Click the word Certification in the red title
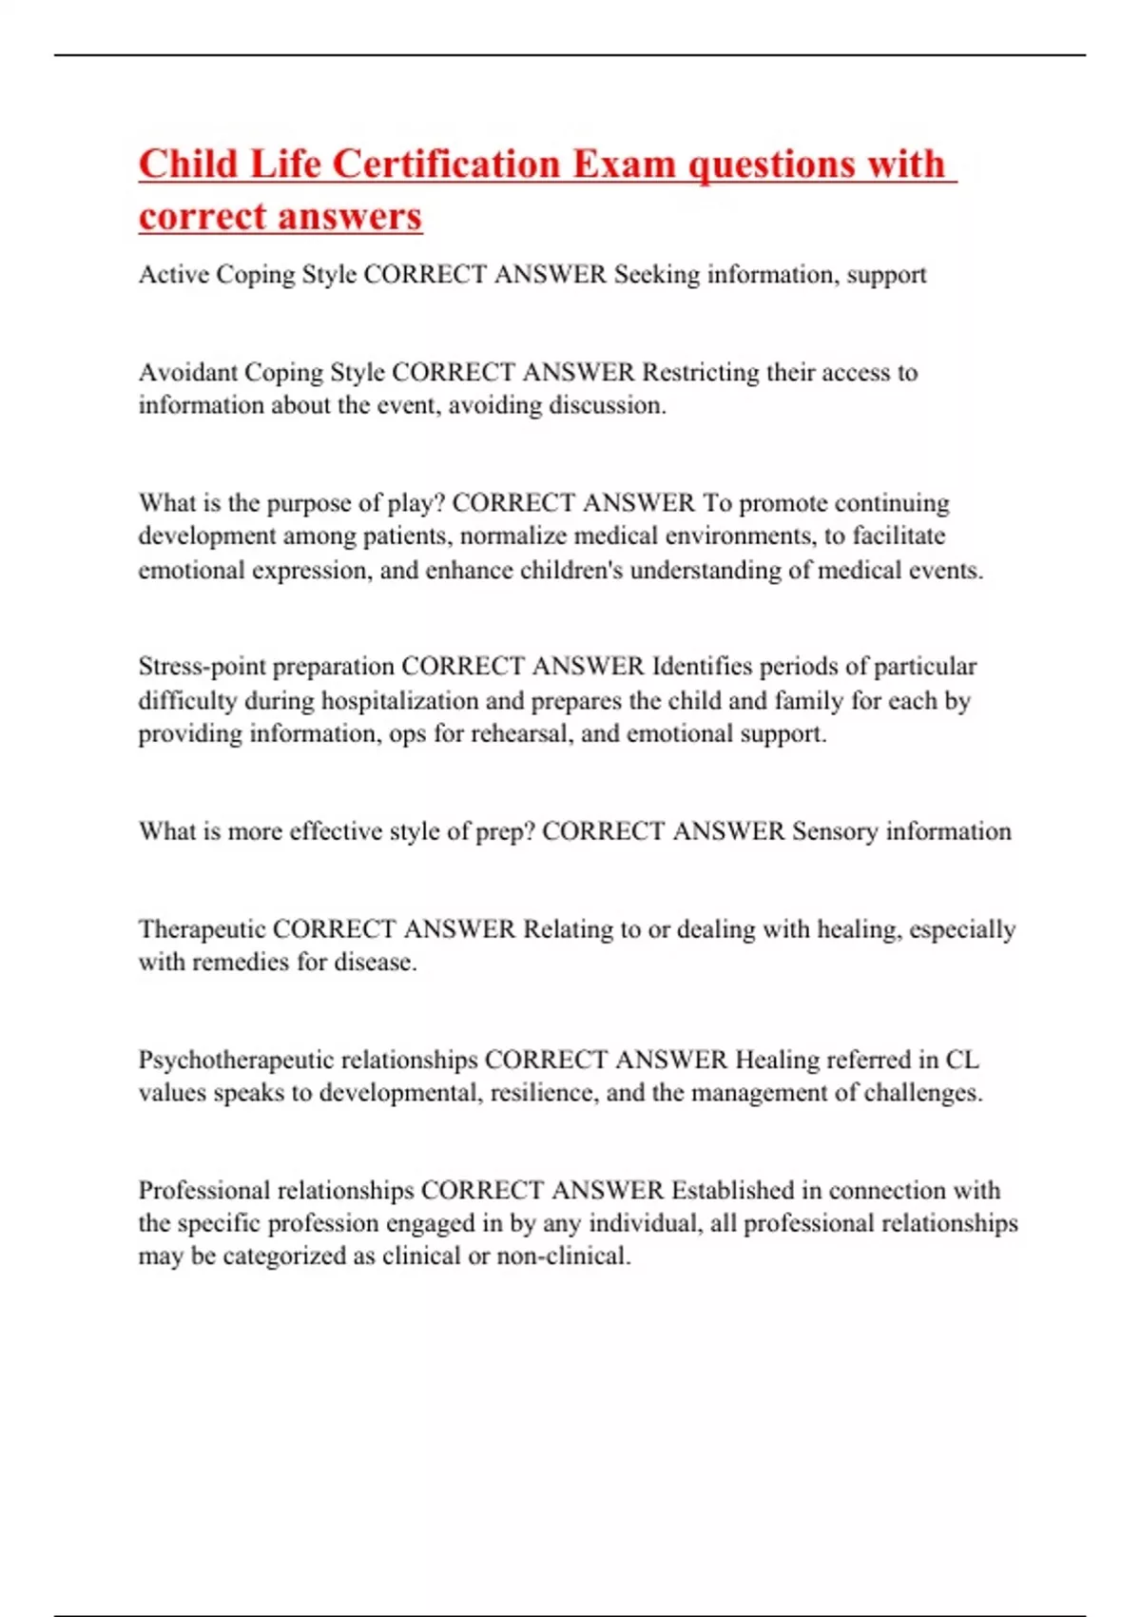coord(446,164)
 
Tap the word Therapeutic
coord(202,928)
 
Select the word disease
coord(376,962)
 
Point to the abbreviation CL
coord(961,1060)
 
